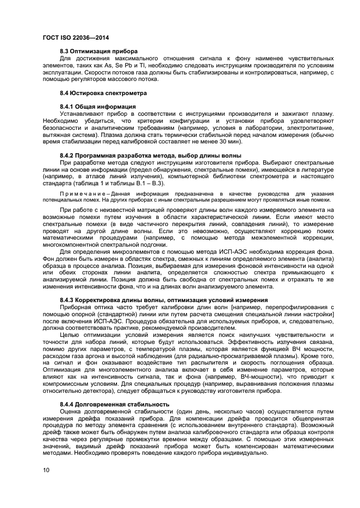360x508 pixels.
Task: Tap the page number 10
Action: pyautogui.click(x=46, y=469)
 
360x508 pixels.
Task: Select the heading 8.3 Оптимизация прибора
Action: pyautogui.click(x=91, y=51)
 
